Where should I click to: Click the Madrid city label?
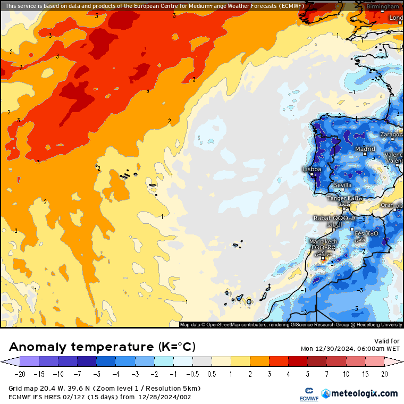coord(365,149)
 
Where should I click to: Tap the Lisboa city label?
coord(312,170)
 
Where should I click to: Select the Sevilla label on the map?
coord(342,185)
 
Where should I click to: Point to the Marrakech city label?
coord(323,242)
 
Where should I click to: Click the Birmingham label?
coord(383,6)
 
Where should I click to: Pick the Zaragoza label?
coord(392,135)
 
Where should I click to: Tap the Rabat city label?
coord(323,218)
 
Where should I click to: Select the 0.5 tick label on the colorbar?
coord(211,374)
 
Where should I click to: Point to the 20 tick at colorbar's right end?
coord(384,374)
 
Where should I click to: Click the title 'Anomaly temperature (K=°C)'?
coord(102,347)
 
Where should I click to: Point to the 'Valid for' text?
coord(387,341)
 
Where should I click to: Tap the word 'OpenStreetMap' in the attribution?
coord(224,325)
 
